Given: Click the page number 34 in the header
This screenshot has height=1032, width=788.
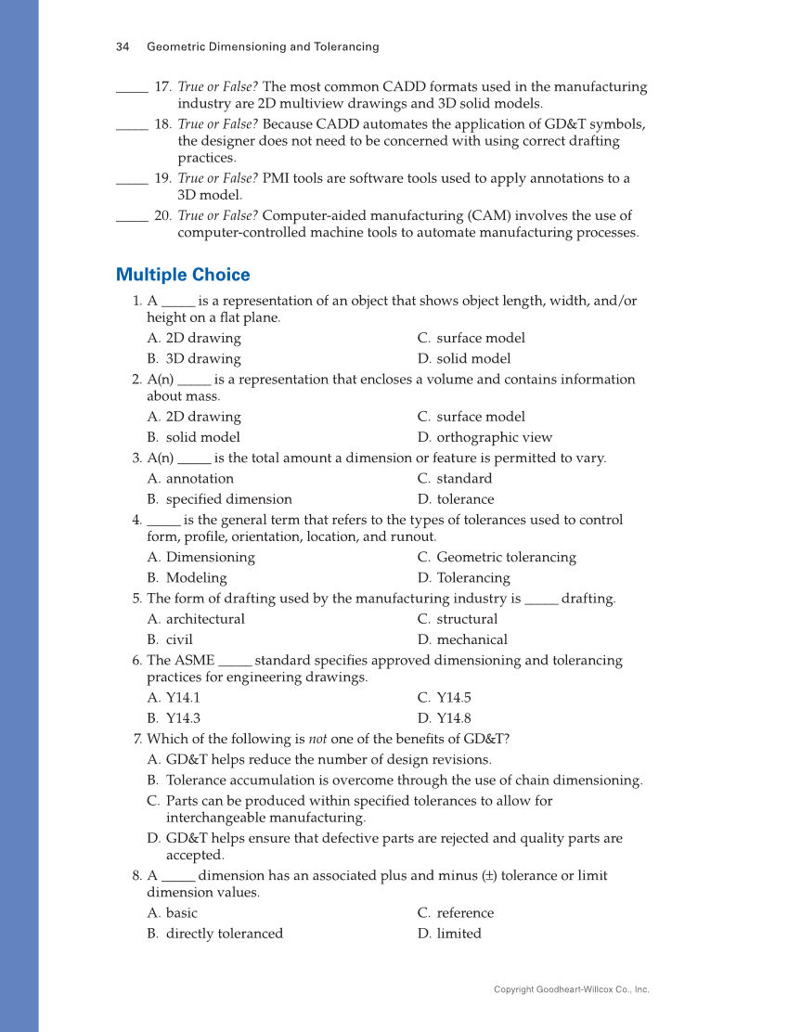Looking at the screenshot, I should tap(122, 46).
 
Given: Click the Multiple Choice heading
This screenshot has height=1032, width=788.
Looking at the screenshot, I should tap(183, 275).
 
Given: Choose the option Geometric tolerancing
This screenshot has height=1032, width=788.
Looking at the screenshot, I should tap(506, 557).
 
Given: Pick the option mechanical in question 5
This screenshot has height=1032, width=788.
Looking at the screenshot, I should tap(472, 639).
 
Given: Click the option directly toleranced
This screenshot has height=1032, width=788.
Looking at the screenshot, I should tap(224, 934).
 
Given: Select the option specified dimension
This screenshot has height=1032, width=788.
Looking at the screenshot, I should tap(228, 499).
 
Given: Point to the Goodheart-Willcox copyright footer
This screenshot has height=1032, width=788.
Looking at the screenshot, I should tap(571, 989).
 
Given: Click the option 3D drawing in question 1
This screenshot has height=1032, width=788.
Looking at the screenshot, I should tap(202, 358).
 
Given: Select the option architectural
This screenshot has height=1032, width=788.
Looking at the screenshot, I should tap(205, 619).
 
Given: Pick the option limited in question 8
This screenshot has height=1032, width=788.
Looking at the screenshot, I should tap(459, 934).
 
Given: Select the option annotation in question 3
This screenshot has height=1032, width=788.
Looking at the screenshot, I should tap(200, 479).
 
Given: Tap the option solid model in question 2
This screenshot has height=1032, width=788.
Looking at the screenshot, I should tap(202, 437).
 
